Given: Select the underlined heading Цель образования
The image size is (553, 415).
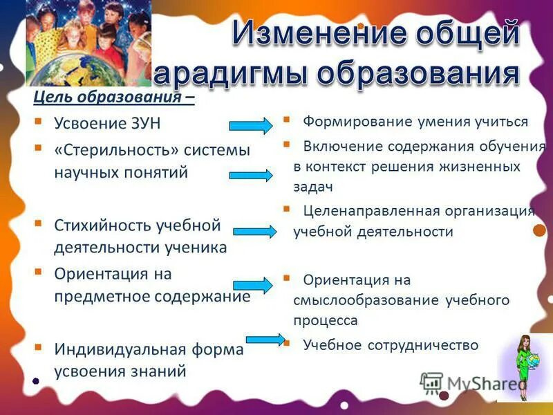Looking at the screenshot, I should [x=113, y=97].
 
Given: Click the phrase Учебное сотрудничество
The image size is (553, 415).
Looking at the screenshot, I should [x=391, y=345].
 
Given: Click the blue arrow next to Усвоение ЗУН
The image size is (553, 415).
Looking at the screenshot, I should [x=250, y=126].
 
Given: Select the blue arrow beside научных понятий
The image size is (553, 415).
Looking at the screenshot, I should [x=250, y=175].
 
